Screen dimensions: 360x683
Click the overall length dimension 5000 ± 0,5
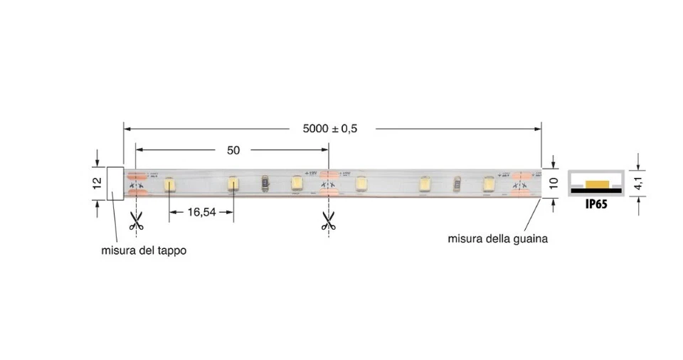(329, 129)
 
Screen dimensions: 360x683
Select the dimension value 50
(233, 150)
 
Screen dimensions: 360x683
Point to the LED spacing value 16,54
(202, 212)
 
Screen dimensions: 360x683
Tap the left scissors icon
(136, 221)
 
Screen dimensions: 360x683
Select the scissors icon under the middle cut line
(328, 221)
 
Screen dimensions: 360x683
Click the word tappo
(171, 250)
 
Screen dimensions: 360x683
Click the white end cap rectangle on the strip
(115, 184)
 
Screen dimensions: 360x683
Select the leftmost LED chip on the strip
(170, 184)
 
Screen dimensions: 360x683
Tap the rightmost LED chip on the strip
(488, 184)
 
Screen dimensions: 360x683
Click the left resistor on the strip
(265, 184)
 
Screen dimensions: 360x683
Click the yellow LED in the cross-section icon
(596, 185)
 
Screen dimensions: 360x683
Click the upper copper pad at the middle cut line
(328, 174)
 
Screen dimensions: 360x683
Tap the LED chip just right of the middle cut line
(361, 184)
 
